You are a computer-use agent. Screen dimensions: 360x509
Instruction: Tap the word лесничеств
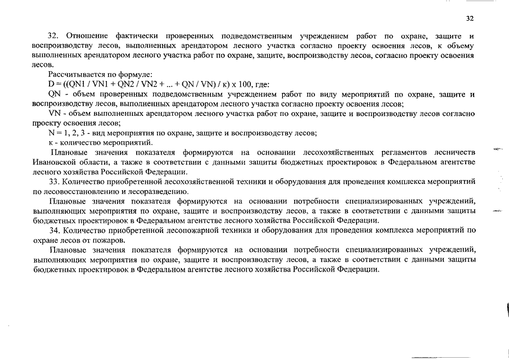click(x=454, y=152)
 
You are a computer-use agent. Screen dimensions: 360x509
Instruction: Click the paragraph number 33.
click(x=54, y=182)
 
